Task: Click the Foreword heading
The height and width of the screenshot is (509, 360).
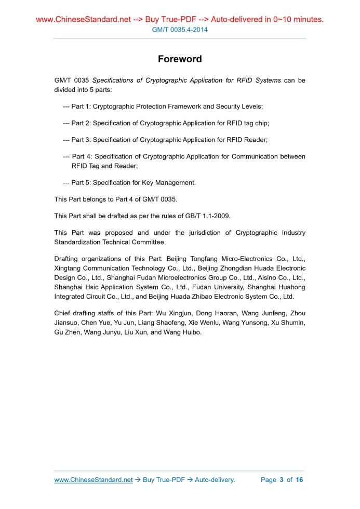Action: (x=180, y=59)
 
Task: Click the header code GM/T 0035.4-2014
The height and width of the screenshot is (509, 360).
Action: (x=180, y=30)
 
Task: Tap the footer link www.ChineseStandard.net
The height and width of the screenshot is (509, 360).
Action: (x=94, y=479)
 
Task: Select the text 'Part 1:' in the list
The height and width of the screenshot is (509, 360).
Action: (x=81, y=106)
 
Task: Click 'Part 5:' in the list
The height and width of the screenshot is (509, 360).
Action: (x=81, y=182)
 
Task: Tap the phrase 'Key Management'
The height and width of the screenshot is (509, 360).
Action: (x=168, y=182)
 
